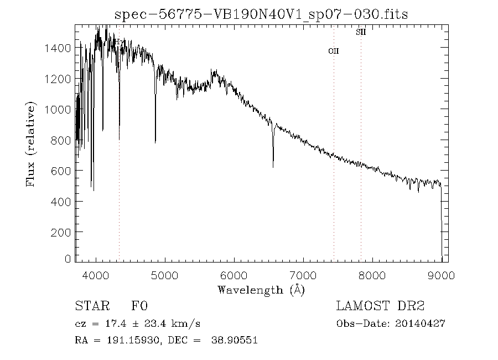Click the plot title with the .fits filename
(261, 14)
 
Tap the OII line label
(333, 51)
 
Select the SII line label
(360, 32)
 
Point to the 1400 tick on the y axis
(58, 48)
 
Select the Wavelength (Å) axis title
(261, 290)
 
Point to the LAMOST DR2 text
(380, 306)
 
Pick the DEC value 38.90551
(235, 341)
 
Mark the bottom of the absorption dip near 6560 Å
(273, 167)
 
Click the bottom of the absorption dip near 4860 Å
(155, 142)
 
